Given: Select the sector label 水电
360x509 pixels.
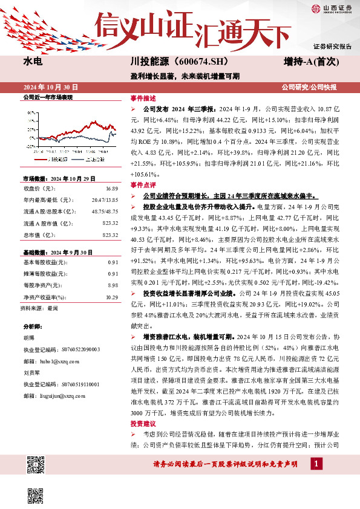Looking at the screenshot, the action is point(33,61).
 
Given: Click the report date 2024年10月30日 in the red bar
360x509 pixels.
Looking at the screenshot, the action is point(48,87).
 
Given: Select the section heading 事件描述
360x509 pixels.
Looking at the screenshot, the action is point(143,98).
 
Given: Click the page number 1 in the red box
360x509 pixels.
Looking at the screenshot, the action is point(316,464).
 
